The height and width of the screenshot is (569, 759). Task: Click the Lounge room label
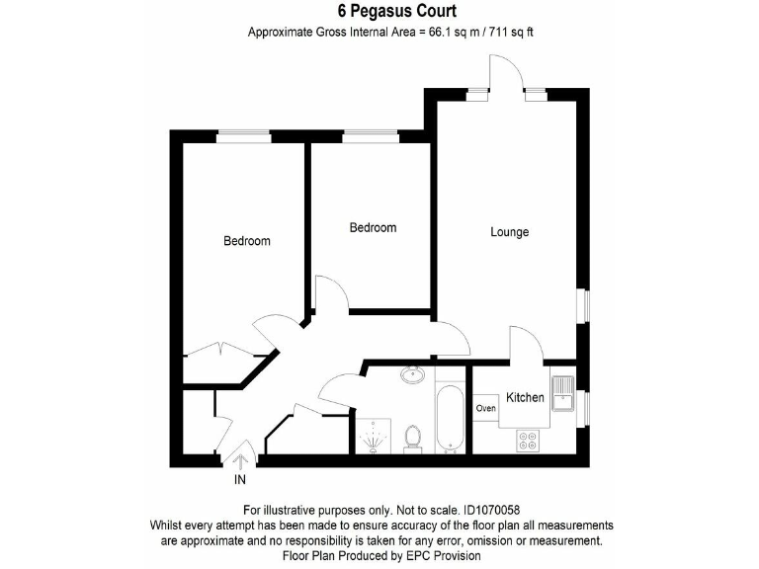point(510,232)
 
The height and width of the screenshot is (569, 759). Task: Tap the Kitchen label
point(525,397)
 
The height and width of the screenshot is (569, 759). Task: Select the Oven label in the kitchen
point(485,407)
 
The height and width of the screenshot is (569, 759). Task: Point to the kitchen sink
point(562,394)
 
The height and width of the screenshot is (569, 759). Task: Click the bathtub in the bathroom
point(450,419)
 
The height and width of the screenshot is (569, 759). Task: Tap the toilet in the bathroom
point(414,436)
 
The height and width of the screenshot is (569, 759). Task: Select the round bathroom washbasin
point(413,375)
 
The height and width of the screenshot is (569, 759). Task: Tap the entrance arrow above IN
point(238,459)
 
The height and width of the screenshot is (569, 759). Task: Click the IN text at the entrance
point(239,480)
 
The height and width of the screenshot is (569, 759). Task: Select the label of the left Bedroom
point(246,241)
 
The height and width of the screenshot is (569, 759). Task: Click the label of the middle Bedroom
point(373,227)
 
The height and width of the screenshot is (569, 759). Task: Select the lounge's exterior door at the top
point(508,77)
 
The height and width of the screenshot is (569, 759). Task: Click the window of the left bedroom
point(244,137)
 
